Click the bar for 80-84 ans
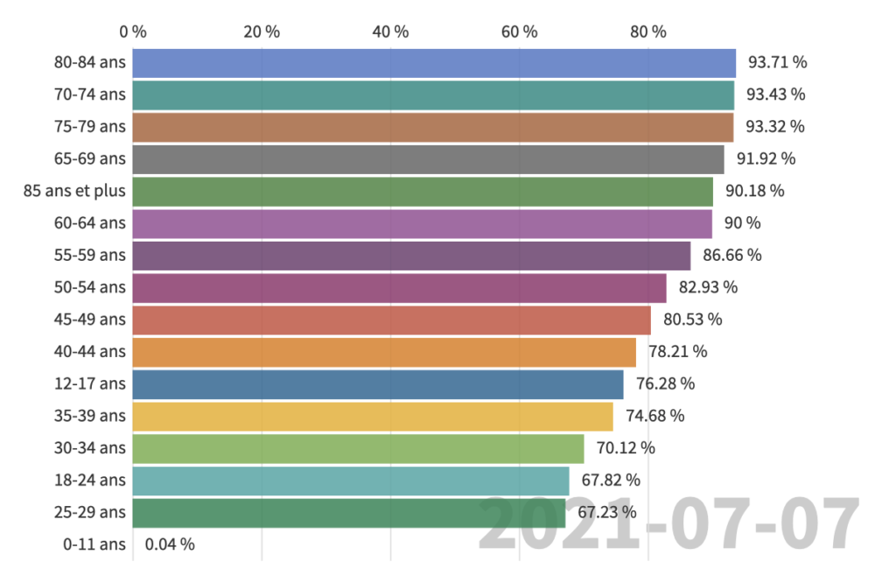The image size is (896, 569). [x=434, y=63]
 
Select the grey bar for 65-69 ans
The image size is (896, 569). [x=428, y=159]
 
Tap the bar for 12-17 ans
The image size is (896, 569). [x=378, y=384]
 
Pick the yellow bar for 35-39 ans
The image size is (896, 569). [x=373, y=417]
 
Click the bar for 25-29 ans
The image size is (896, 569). [x=349, y=513]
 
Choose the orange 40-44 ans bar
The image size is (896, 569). [x=384, y=352]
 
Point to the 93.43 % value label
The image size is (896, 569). [x=775, y=95]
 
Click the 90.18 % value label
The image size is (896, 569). [x=754, y=191]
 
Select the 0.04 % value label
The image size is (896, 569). [x=170, y=544]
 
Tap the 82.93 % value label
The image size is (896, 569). [x=708, y=287]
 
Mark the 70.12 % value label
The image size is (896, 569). [x=625, y=448]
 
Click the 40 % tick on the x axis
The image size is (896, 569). [x=390, y=32]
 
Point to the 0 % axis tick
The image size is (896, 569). [x=133, y=32]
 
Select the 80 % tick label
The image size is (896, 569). [x=647, y=32]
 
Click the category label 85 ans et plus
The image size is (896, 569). [x=74, y=191]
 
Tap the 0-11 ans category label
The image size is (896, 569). [x=94, y=544]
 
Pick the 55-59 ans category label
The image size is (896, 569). [x=89, y=256]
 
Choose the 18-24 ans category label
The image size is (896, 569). [x=89, y=481]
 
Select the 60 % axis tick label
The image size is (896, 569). [x=519, y=32]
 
